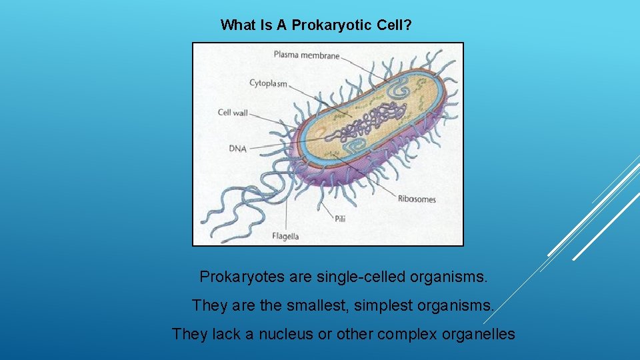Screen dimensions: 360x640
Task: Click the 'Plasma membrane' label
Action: pos(306,55)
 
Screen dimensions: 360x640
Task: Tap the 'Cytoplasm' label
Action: pos(268,83)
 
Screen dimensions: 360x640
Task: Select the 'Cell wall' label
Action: pos(233,113)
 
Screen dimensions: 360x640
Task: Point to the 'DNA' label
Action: pos(238,149)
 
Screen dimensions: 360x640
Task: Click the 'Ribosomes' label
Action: pos(417,199)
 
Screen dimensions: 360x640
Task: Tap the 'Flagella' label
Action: pos(285,236)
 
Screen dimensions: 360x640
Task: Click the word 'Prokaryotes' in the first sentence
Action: pos(243,276)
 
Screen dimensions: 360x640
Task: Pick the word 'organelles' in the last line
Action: pos(479,334)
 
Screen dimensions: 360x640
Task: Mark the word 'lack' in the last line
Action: pos(222,334)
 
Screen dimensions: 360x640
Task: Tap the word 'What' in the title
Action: pos(237,25)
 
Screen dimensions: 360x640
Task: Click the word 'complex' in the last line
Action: pos(407,334)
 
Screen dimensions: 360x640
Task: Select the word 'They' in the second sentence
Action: pos(209,305)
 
